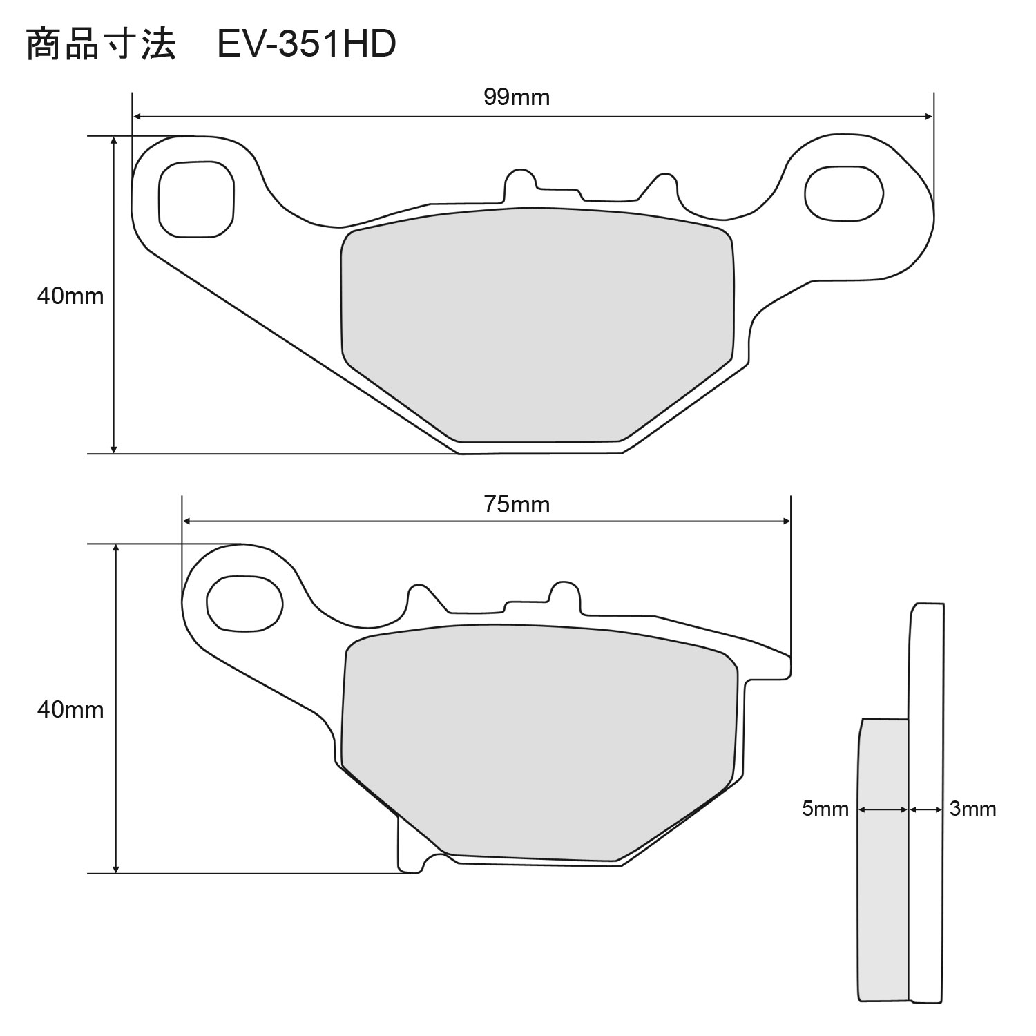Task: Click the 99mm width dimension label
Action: [517, 97]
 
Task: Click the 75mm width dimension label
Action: [517, 505]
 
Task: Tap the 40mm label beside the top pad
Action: [70, 296]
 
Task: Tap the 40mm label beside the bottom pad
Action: [70, 709]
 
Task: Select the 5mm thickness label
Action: [825, 809]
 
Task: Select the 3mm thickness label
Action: [972, 809]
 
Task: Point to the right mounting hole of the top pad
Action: [844, 194]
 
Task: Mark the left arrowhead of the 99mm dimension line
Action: [137, 117]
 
